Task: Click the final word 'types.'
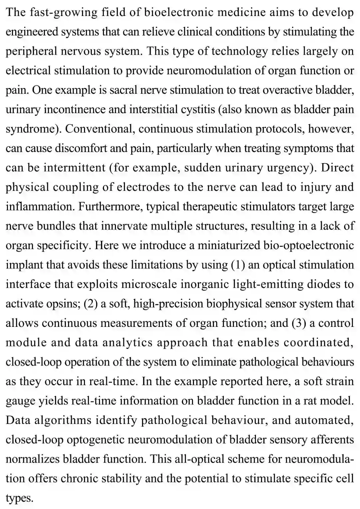(x=20, y=498)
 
